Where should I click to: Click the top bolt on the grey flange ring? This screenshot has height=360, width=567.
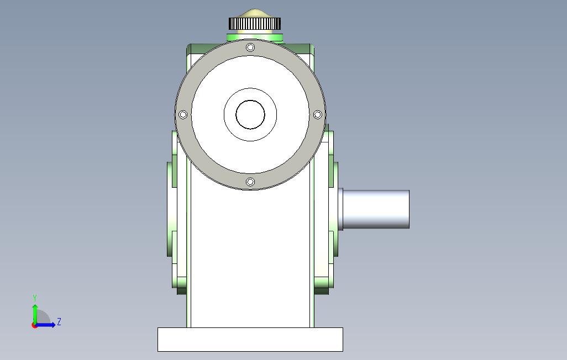point(250,47)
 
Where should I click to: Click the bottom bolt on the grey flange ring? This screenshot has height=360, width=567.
point(250,182)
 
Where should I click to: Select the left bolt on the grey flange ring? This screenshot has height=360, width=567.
point(183,115)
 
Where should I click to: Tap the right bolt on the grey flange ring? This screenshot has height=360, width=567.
point(318,115)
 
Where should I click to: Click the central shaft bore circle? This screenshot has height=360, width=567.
point(250,115)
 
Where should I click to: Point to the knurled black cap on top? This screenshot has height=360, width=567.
point(255,24)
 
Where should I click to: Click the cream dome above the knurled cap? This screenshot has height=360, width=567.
point(255,13)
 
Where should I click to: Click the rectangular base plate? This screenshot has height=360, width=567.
point(250,340)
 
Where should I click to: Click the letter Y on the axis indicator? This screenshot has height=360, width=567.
point(35,298)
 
